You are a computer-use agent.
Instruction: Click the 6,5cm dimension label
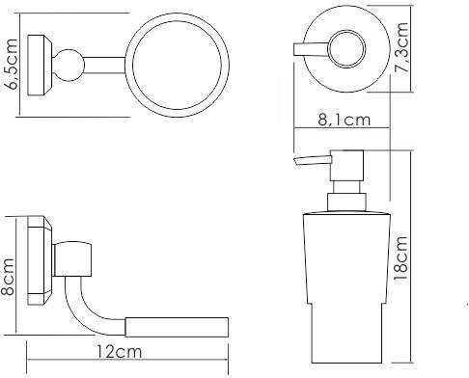pos(12,64)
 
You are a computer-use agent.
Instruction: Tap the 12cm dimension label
pos(119,352)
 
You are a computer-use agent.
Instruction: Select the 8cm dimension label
pos(7,276)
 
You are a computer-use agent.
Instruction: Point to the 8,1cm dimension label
pos(345,120)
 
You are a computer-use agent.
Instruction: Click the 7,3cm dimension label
pos(401,47)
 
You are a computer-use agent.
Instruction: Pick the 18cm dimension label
pos(400,258)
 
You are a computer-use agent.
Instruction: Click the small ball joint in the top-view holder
pos(69,66)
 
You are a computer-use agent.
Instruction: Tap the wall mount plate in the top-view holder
pos(40,65)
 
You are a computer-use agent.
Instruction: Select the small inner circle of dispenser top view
pos(346,49)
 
